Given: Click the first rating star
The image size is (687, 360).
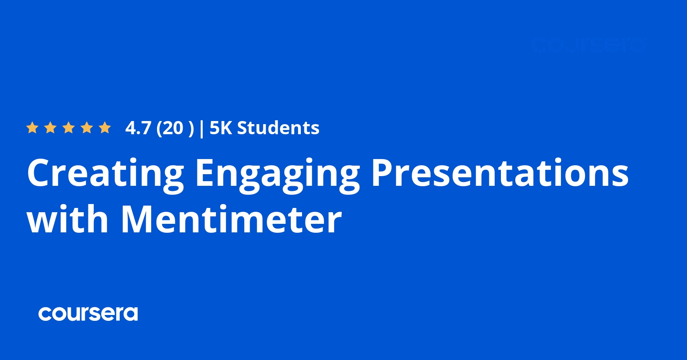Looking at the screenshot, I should (x=32, y=128).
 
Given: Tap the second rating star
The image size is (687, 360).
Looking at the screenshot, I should (x=50, y=128).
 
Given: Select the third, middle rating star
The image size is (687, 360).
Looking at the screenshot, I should (x=69, y=128).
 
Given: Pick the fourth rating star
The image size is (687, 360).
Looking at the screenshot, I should (x=87, y=128).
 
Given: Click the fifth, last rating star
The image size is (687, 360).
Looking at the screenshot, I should (x=105, y=128).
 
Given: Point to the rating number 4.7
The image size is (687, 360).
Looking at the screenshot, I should (x=138, y=128).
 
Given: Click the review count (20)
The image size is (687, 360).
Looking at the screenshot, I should (x=175, y=128).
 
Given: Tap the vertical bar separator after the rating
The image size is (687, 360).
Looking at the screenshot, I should (x=201, y=128).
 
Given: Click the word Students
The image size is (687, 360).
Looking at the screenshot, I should (x=278, y=128).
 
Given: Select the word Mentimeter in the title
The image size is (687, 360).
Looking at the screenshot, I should (x=231, y=220).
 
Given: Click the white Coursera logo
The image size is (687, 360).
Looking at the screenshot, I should (x=88, y=313).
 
